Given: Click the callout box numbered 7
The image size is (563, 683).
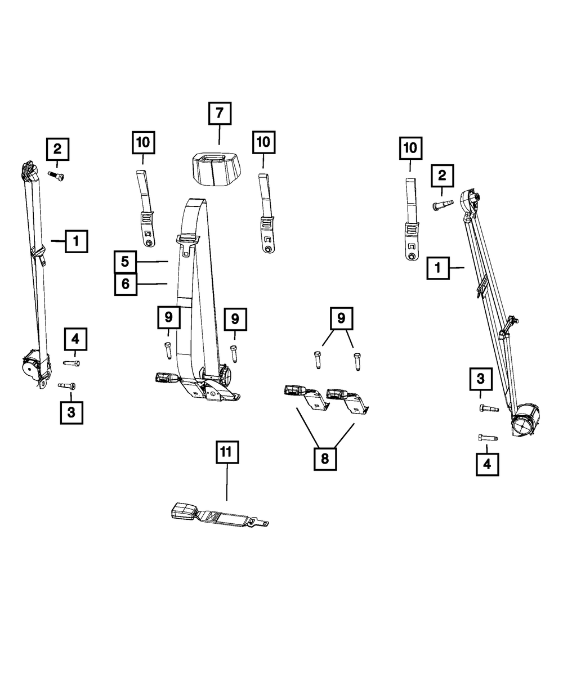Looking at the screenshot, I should pos(219,114).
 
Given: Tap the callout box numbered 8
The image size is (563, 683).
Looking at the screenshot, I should pos(325,459).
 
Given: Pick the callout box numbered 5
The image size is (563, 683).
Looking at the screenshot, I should pos(126,262).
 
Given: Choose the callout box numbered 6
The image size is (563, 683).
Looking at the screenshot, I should pos(126,284).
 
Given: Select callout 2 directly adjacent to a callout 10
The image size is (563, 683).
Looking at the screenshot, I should pos(442,177).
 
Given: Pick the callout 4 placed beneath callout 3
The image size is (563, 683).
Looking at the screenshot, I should pos(487,464).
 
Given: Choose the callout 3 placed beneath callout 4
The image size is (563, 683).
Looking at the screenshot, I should pos(71,412).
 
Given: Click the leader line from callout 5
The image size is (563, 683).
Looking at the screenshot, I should pos(153,262).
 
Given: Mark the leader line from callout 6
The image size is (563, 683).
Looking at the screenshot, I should pos(153,284).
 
